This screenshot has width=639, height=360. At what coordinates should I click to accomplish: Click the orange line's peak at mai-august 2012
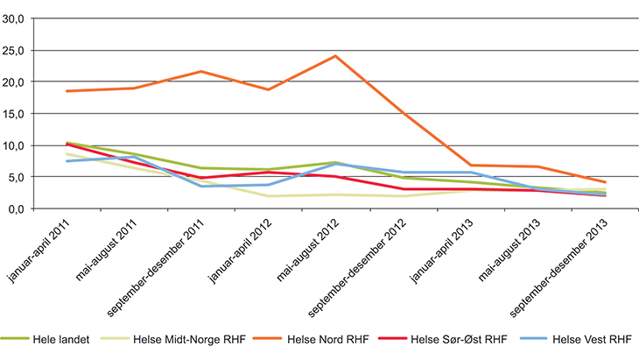[335, 56]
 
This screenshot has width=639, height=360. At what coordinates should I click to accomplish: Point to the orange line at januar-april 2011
[67, 91]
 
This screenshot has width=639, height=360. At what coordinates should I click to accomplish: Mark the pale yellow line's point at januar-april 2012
[268, 196]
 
